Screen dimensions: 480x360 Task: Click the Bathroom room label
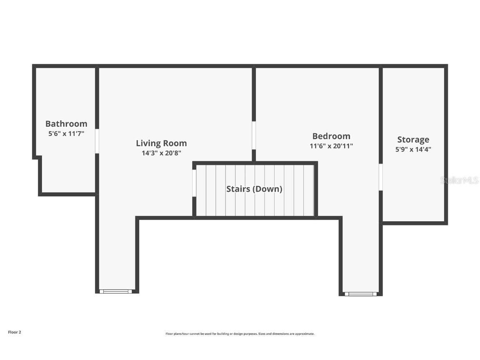pos(66,124)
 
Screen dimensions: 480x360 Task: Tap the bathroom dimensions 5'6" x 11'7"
pos(66,133)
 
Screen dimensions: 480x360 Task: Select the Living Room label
pos(161,143)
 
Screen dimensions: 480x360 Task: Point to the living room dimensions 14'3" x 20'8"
pos(161,153)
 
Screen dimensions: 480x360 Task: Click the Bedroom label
pos(331,136)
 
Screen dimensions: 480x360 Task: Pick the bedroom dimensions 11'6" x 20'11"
pos(331,146)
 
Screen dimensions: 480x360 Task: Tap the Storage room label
pos(413,140)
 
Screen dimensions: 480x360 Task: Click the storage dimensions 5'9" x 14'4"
pos(413,150)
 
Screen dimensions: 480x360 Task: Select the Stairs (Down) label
pos(255,189)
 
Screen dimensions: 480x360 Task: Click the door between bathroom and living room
pos(97,141)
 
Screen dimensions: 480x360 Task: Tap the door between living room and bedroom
pos(254,135)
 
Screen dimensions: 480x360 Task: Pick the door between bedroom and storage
pos(381,177)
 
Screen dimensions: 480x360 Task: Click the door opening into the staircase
pos(194,183)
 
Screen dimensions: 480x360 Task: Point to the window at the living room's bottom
pos(116,291)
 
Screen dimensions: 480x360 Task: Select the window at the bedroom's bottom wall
pos(361,294)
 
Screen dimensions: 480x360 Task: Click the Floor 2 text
pos(15,332)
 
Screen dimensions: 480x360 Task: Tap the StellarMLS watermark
pos(460,180)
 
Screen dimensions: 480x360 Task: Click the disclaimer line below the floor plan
pos(240,334)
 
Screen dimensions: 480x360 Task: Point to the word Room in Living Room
pos(175,143)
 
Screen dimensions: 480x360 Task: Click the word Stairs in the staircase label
pos(238,189)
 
